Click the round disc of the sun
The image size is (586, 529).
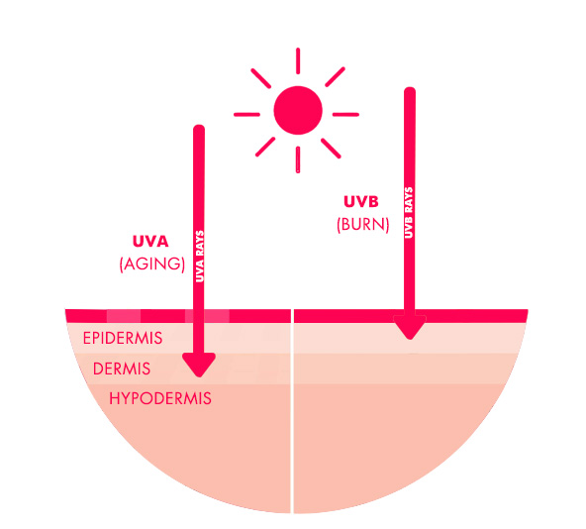(298, 110)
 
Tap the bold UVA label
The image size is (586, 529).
(150, 242)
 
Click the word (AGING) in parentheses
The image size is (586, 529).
(152, 264)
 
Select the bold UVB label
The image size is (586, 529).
(361, 202)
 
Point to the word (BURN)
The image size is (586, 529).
(363, 225)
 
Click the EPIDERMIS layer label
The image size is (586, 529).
(123, 338)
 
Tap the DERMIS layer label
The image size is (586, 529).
(122, 369)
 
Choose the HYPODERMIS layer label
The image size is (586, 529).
(160, 398)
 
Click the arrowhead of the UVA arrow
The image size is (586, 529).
(199, 365)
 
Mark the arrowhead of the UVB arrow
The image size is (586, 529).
(410, 327)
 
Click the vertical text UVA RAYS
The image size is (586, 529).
(200, 257)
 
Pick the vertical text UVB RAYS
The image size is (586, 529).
(409, 213)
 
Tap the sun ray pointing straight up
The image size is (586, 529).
(298, 61)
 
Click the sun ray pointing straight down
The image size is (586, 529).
(298, 159)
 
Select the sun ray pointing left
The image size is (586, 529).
(247, 115)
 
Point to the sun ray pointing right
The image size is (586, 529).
(345, 115)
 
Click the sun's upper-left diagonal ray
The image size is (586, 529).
(261, 78)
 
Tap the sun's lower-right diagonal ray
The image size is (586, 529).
(331, 149)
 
